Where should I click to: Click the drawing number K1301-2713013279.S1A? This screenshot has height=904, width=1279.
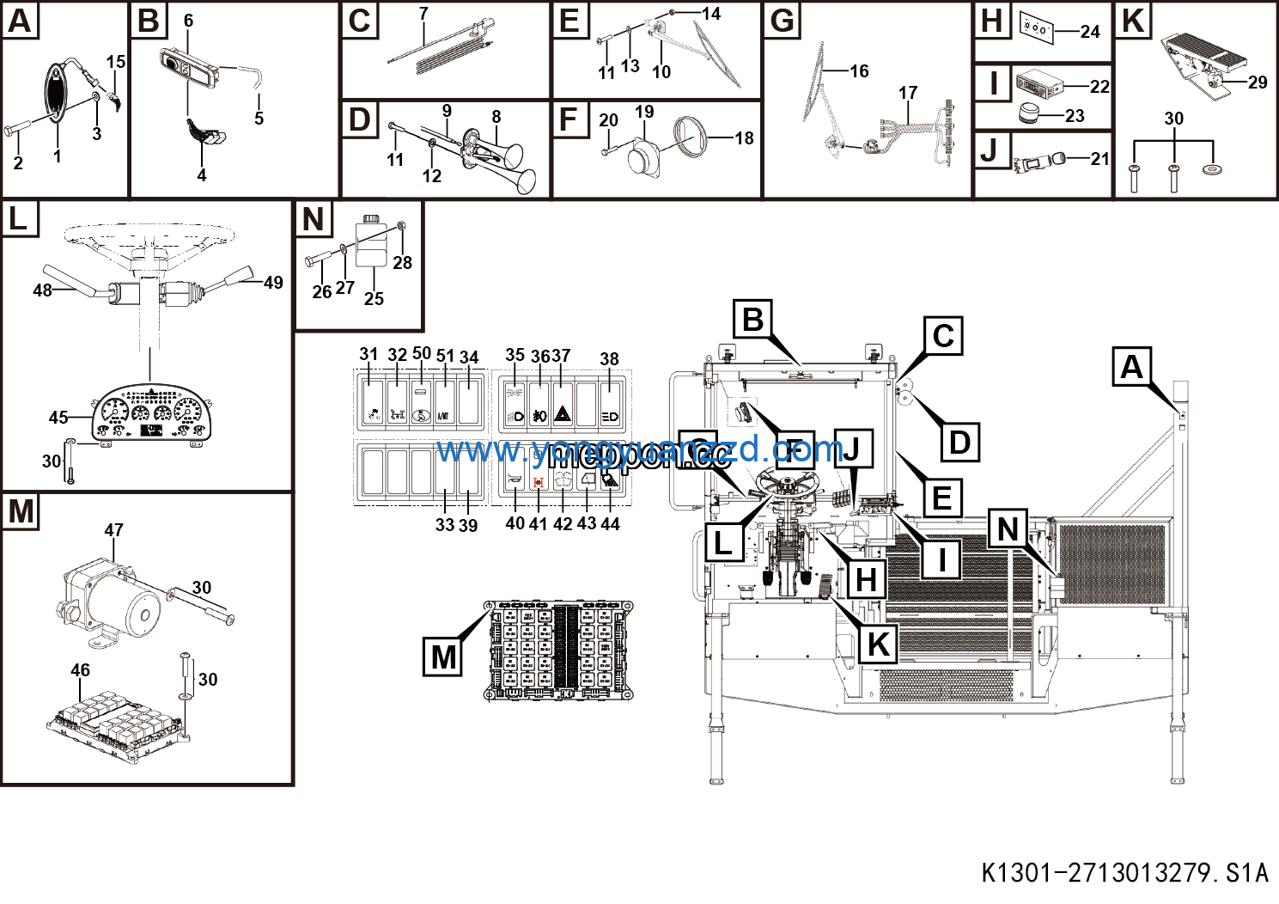1124,873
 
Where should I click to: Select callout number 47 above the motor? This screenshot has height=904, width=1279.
113,530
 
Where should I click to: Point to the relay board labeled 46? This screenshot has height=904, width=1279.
117,722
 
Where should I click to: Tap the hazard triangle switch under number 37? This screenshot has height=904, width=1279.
562,414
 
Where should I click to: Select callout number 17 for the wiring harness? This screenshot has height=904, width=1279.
908,93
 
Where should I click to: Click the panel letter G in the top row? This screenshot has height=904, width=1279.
783,21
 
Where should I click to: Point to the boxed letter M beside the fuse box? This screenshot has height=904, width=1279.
443,657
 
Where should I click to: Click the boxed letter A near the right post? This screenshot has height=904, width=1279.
1132,367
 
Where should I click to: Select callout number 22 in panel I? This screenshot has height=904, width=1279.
1099,87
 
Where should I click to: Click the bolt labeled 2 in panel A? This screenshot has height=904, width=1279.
19,131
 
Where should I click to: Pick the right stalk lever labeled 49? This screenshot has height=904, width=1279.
235,277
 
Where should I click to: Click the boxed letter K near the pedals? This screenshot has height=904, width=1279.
878,644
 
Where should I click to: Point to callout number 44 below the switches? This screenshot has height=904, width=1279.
610,523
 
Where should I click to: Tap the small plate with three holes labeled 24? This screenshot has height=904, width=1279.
1036,27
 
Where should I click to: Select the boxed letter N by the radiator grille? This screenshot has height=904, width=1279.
1008,528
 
